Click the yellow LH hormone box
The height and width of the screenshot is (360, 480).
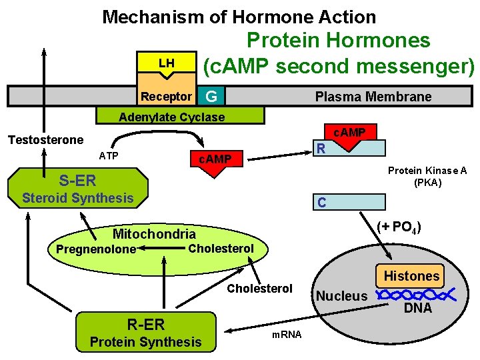(167, 63)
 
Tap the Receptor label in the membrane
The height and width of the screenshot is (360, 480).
(166, 97)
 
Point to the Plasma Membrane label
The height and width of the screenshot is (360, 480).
(373, 97)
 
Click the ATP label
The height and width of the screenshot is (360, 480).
(109, 156)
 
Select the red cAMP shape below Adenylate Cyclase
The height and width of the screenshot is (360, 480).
(214, 161)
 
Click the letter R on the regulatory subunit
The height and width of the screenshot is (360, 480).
(321, 148)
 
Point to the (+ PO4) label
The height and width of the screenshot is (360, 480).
(398, 227)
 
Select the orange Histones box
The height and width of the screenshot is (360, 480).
(411, 275)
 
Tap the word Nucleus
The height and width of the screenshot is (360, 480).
(341, 295)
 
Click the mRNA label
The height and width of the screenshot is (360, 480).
(287, 334)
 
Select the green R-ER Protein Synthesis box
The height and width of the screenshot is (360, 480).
(145, 333)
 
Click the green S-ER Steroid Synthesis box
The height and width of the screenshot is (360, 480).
(78, 188)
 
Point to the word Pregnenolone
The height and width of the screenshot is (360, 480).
(96, 249)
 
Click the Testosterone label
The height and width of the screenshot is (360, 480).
(45, 139)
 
